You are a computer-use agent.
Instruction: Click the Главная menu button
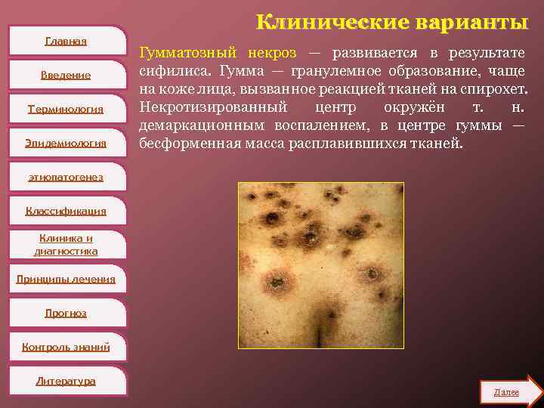(x=66, y=41)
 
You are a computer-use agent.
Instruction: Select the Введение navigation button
(x=66, y=75)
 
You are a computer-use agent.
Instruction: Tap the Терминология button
(x=66, y=109)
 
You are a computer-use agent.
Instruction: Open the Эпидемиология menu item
(x=66, y=143)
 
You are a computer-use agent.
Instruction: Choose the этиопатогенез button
(x=66, y=177)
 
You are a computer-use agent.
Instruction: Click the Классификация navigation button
(x=66, y=211)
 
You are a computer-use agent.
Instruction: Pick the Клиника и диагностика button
(x=66, y=244)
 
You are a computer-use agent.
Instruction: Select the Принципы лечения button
(x=66, y=279)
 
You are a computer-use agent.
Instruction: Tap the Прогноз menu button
(x=66, y=313)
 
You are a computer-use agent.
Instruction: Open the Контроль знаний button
(x=66, y=347)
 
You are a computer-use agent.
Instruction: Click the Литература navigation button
(x=66, y=381)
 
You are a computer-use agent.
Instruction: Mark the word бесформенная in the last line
(x=185, y=143)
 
